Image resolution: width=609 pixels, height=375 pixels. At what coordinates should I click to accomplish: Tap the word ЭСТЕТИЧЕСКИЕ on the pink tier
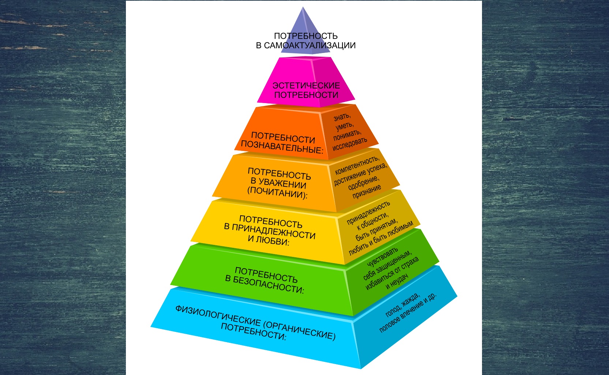[306, 86]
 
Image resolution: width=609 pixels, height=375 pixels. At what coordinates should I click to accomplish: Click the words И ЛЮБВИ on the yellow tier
[268, 241]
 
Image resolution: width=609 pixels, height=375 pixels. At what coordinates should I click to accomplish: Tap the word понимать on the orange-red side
[347, 135]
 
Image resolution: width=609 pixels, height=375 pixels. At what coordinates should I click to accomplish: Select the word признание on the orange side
[366, 192]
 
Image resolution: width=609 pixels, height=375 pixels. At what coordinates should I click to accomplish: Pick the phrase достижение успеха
[360, 174]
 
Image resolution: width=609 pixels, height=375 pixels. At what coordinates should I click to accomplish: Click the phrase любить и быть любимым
[381, 238]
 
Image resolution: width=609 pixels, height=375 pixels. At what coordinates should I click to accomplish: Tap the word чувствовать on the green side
[382, 258]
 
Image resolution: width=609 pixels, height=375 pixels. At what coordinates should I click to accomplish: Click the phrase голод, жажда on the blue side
[402, 305]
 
